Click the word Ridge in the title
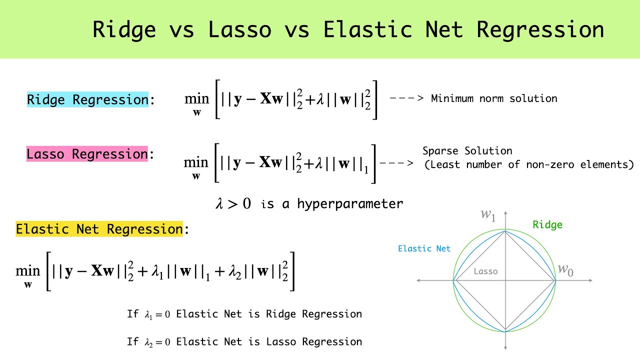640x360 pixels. coord(124,30)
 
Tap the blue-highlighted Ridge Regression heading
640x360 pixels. coord(87,99)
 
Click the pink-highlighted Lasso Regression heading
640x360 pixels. coord(87,154)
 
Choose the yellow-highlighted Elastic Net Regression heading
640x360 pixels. coord(99,229)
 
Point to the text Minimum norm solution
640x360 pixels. coord(493,98)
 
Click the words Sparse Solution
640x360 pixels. coord(467,151)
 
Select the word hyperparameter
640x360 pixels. coord(350,204)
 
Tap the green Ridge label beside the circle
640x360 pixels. coord(547,225)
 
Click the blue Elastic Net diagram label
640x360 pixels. coord(424,248)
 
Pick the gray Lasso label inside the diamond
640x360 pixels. coord(485,271)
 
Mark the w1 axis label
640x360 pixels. coord(488,215)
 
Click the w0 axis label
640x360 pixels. coord(565,270)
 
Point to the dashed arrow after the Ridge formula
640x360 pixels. coord(406,98)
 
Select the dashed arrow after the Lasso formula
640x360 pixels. coord(396,163)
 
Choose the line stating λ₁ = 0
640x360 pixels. coord(244,314)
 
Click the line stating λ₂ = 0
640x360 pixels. coord(244,342)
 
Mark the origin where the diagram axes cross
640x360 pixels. coord(505,280)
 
